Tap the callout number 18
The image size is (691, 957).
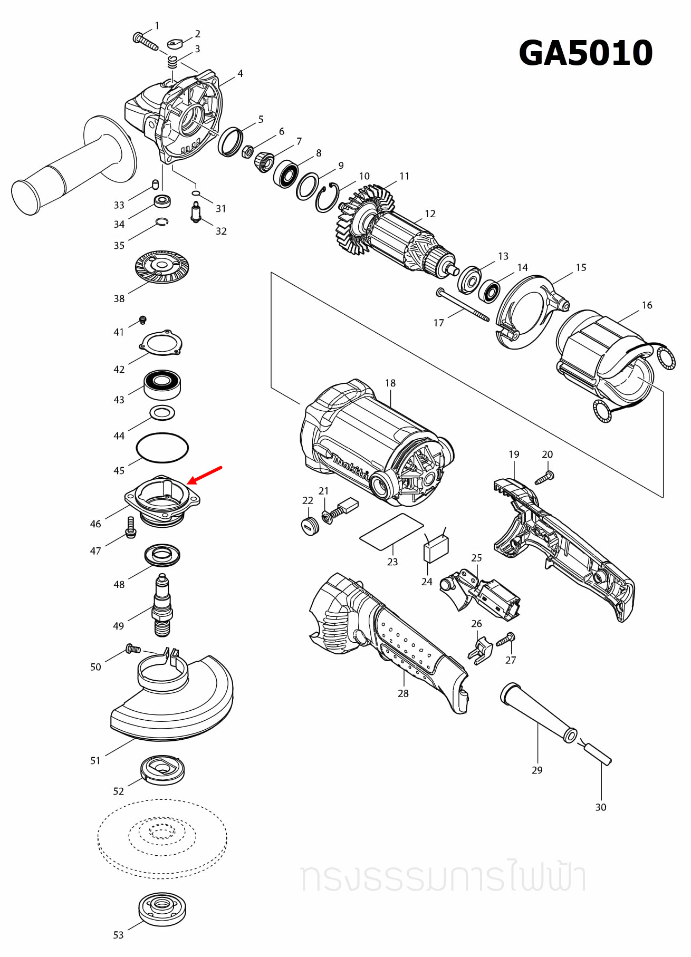[390, 383]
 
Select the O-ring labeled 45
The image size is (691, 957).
[162, 447]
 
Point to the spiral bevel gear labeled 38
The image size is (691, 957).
[162, 266]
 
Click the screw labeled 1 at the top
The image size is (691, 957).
[145, 41]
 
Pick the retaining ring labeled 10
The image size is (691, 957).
[327, 197]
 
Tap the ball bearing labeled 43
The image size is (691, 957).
[162, 384]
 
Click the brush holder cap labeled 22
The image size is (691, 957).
[310, 526]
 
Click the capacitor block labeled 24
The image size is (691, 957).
[436, 548]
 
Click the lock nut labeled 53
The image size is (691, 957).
[162, 908]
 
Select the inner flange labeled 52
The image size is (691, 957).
[163, 770]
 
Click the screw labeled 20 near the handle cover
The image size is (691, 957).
[544, 478]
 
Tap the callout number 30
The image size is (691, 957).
[601, 807]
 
